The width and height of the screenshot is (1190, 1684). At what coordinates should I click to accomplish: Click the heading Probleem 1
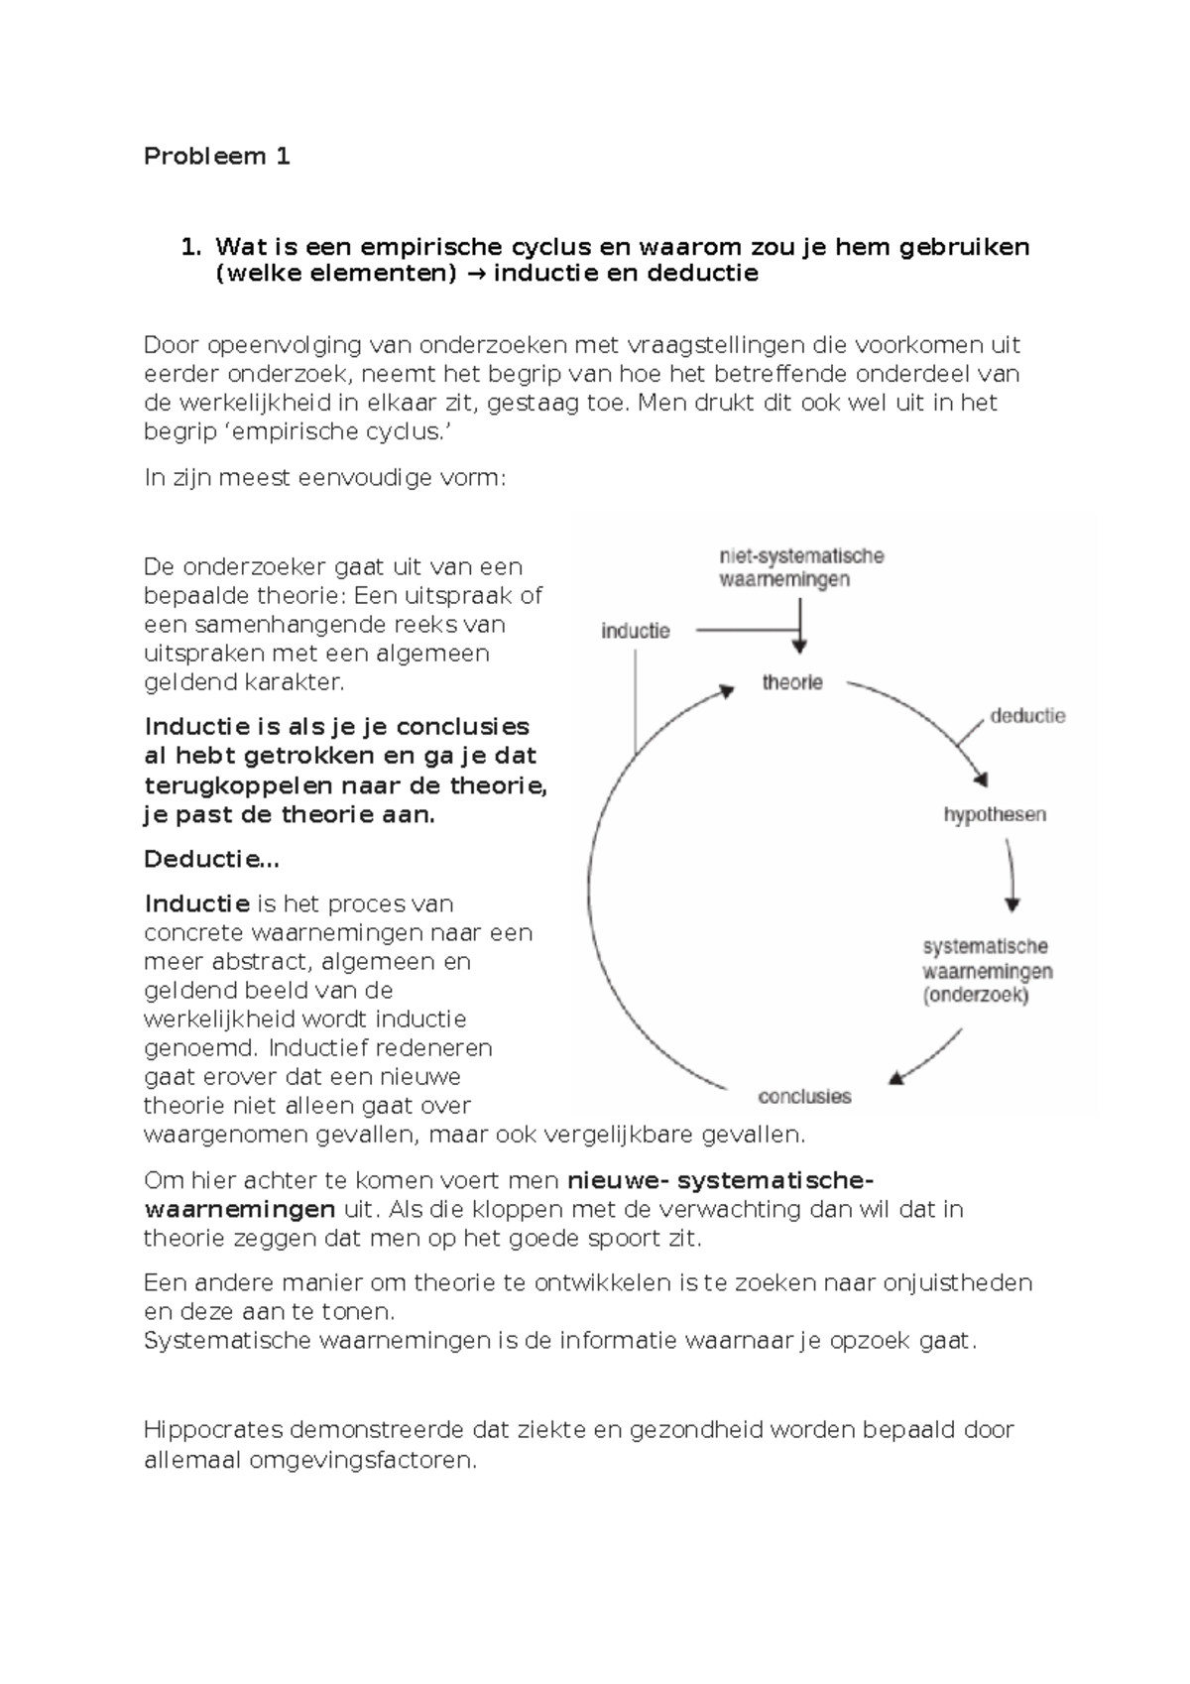point(216,156)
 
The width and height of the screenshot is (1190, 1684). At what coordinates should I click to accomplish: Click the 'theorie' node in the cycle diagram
point(791,682)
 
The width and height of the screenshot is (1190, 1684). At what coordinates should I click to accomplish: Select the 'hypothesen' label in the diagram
point(995,814)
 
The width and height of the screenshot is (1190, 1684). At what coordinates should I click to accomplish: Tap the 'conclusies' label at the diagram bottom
point(804,1096)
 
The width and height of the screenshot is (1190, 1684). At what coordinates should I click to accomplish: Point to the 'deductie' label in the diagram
point(1027,715)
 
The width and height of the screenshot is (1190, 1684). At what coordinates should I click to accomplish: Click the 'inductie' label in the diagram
point(636,631)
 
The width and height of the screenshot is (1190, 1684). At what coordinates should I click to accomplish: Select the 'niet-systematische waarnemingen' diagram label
point(801,567)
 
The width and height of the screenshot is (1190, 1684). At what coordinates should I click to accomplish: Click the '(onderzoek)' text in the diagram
point(975,996)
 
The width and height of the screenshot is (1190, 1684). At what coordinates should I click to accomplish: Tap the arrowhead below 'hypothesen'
point(1011,904)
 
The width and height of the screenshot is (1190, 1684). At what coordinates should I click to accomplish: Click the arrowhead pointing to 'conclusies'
point(895,1078)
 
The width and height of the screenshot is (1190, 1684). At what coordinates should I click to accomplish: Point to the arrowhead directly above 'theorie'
point(800,647)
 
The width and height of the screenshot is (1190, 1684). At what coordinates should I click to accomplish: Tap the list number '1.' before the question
point(190,246)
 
